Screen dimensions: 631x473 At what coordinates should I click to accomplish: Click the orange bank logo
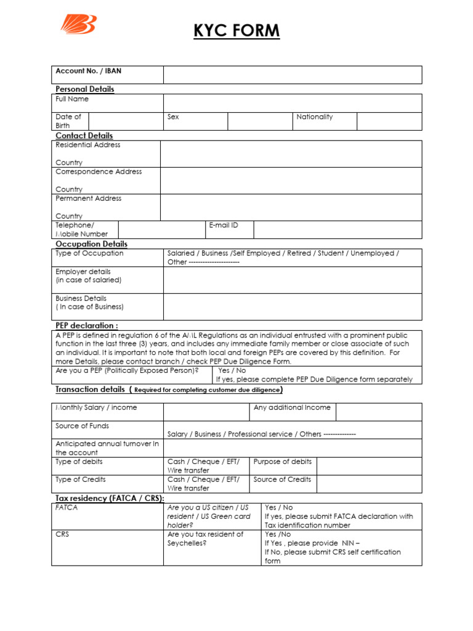coord(78,24)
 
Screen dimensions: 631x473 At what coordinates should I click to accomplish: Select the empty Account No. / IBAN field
coord(292,75)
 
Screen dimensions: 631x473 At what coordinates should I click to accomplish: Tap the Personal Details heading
coord(85,89)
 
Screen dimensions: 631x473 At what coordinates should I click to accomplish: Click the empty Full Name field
coord(292,103)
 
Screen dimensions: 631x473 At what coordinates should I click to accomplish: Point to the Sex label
coord(173,116)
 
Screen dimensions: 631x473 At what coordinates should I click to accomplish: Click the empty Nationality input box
coord(389,121)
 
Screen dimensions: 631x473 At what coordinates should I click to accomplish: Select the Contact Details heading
coord(84,136)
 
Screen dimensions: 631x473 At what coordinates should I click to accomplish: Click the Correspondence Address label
coord(99,172)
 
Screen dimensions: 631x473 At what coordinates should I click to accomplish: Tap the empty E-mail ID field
coord(338,230)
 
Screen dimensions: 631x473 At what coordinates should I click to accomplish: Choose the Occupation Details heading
coord(92,244)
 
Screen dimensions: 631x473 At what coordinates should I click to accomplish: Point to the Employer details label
coord(83,272)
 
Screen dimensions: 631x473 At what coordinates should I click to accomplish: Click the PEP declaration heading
coord(87,325)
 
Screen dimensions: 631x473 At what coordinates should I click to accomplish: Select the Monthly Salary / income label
coord(97,408)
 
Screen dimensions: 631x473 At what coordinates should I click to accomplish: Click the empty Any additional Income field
coord(379,412)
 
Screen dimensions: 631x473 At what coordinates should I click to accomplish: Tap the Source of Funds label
coord(82,426)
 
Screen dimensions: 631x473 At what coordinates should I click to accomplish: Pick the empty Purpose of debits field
coord(379,466)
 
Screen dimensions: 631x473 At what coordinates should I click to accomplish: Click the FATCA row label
coord(67,508)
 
